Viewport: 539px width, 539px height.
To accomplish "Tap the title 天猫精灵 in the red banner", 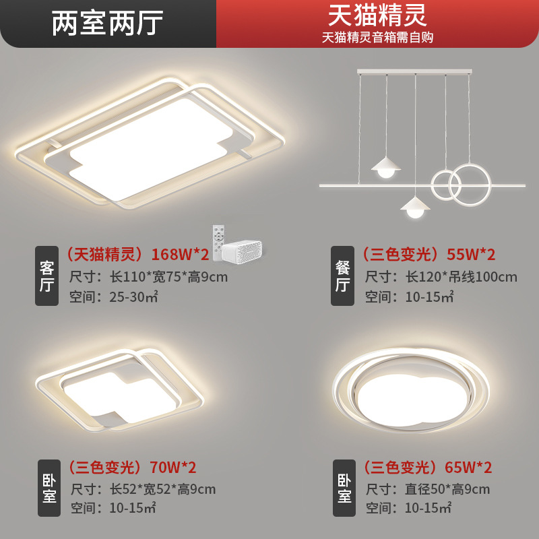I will click(x=377, y=15).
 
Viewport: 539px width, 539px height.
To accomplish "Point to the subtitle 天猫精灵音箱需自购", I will click(x=377, y=38).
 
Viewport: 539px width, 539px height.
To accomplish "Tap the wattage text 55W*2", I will click(x=471, y=255).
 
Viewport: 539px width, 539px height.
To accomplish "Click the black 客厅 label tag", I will click(x=47, y=276).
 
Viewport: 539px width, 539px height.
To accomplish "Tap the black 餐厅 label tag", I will click(x=342, y=276).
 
